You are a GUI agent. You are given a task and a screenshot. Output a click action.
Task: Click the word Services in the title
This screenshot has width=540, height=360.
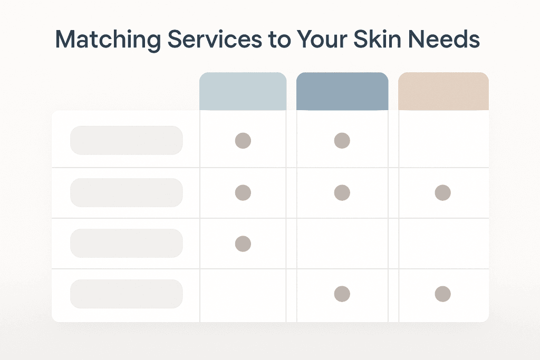pyautogui.click(x=215, y=39)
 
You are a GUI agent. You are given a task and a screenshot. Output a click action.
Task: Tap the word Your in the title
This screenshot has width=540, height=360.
pyautogui.click(x=322, y=39)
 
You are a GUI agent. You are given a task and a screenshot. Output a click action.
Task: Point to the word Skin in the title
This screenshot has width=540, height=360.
pyautogui.click(x=377, y=38)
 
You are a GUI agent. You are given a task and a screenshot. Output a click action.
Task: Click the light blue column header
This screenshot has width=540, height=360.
pyautogui.click(x=243, y=91)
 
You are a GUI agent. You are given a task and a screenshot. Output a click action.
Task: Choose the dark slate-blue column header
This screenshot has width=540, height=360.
pyautogui.click(x=342, y=91)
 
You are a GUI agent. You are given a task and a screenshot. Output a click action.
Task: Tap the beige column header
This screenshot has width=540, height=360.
pyautogui.click(x=443, y=91)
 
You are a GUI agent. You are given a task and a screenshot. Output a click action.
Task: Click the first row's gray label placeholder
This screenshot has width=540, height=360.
pyautogui.click(x=127, y=140)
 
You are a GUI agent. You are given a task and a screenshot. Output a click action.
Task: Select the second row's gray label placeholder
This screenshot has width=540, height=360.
pyautogui.click(x=127, y=193)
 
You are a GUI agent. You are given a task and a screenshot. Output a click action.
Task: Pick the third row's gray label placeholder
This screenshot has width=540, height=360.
pyautogui.click(x=127, y=244)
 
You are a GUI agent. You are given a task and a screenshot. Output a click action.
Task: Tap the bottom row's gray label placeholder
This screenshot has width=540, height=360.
pyautogui.click(x=127, y=294)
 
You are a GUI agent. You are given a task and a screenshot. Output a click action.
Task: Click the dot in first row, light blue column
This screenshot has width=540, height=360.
pyautogui.click(x=243, y=141)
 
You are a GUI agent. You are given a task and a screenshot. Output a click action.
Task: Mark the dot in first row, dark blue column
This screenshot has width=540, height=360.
pyautogui.click(x=342, y=141)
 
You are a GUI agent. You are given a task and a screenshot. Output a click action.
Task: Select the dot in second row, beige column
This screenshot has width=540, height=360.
pyautogui.click(x=443, y=193)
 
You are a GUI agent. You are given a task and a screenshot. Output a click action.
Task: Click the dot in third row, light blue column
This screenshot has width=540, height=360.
pyautogui.click(x=243, y=244)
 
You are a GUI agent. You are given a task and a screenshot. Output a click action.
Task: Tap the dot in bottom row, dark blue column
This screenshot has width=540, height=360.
pyautogui.click(x=342, y=294)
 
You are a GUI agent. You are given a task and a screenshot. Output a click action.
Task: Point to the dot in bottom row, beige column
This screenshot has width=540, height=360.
pyautogui.click(x=443, y=294)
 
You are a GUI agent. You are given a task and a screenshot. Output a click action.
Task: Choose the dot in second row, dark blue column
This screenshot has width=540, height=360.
pyautogui.click(x=342, y=193)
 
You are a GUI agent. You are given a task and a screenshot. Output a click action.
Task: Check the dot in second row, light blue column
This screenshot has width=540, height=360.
pyautogui.click(x=243, y=193)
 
